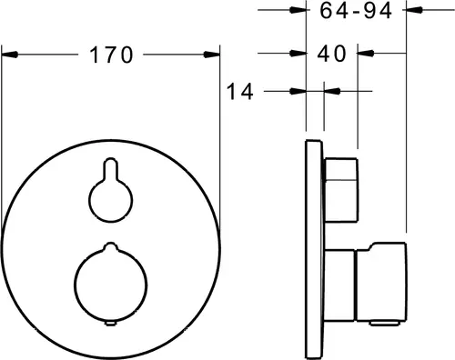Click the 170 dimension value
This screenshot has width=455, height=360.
coord(111,55)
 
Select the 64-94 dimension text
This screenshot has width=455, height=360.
coord(356,11)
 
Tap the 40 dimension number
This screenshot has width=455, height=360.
coord(331,54)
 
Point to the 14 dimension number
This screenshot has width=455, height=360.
coord(239,92)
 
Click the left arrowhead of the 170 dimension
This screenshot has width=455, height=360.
coord(10,55)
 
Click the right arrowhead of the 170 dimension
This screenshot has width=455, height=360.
coord(212,55)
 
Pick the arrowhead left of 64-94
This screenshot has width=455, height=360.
coord(298,10)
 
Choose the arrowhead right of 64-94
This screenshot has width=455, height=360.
coord(414,10)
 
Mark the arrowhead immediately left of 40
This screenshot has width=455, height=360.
coord(298,54)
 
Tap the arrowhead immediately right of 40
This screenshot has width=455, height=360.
coord(366,54)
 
